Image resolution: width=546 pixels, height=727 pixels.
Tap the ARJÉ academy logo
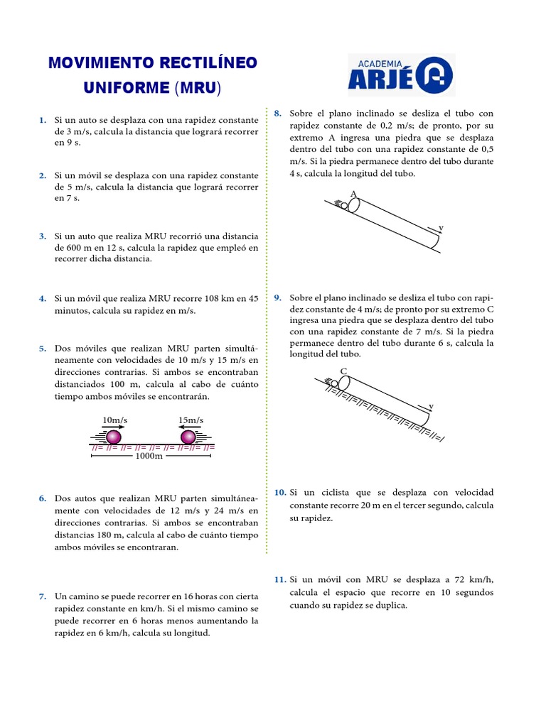tap(401, 75)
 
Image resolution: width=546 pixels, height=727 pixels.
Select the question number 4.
tap(43, 298)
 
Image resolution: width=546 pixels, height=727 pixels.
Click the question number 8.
tap(278, 113)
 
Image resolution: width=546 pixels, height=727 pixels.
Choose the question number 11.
tap(279, 580)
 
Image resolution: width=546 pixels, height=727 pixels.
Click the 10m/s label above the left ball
tap(115, 420)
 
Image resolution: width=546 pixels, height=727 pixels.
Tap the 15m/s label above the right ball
tap(191, 420)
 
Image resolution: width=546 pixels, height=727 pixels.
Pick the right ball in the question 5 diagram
tap(188, 437)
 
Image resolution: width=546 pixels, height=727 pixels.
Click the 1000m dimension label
tap(149, 456)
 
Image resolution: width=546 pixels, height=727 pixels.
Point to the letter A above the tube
tap(353, 194)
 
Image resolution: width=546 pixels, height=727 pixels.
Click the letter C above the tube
tap(343, 371)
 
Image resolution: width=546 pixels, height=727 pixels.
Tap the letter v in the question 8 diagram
tap(441, 228)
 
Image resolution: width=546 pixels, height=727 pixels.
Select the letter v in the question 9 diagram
tap(431, 406)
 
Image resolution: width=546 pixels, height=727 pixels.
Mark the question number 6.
tap(43, 498)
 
